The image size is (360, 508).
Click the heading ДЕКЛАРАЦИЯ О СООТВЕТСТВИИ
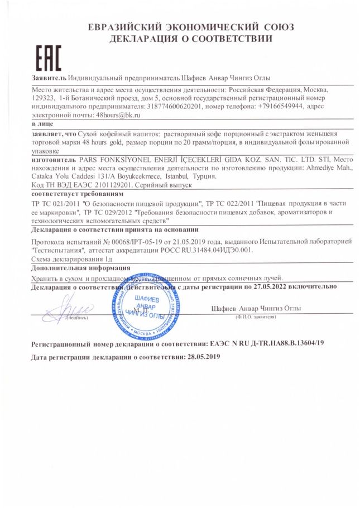click(191, 39)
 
